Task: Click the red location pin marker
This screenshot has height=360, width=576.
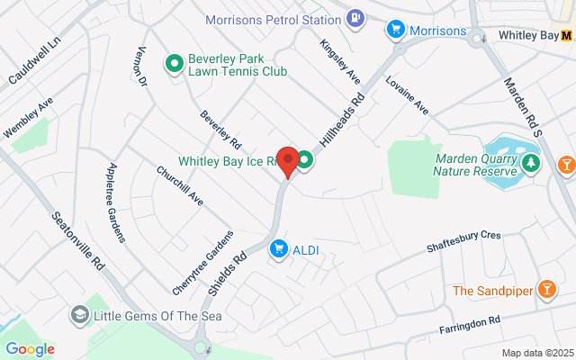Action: point(288,161)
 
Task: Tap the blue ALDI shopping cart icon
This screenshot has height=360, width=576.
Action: point(279,247)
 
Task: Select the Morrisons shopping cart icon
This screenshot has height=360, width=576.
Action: point(394,31)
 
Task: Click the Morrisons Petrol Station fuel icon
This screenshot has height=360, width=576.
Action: point(357,17)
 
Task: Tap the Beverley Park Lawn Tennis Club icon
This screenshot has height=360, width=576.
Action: point(174,63)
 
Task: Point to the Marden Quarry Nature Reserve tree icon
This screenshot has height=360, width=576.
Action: point(531,162)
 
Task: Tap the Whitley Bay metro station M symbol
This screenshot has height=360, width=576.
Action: point(567,36)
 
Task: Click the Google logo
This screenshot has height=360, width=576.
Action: point(30,349)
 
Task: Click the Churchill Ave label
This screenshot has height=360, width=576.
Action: point(180,185)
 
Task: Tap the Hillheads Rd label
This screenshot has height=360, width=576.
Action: point(344,117)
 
